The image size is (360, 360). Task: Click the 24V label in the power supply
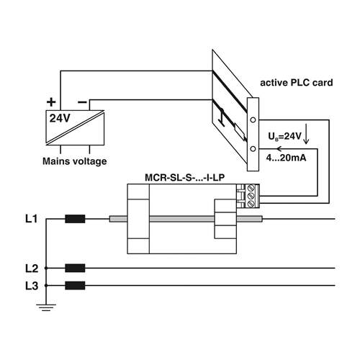tap(60, 118)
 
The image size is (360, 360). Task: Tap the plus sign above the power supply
tap(51, 102)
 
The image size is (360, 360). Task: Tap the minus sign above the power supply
tap(82, 102)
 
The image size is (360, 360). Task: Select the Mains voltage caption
tap(75, 161)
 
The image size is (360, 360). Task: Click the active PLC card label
tap(297, 83)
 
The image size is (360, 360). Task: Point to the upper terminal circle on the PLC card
tap(253, 120)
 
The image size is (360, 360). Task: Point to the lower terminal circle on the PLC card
tap(253, 149)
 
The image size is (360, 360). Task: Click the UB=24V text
tap(284, 136)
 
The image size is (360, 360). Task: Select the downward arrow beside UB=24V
tap(306, 134)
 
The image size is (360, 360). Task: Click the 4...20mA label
tap(286, 158)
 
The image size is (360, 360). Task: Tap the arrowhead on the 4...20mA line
tap(279, 149)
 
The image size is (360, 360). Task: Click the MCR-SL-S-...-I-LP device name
tap(184, 178)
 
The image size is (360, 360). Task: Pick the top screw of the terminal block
tap(251, 187)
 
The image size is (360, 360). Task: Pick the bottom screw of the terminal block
tap(251, 204)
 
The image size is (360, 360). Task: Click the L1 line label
tap(32, 219)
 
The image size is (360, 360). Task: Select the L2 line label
tap(32, 269)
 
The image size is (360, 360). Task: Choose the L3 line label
tap(32, 286)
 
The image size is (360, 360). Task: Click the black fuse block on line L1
tap(75, 219)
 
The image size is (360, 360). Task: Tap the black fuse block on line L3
tap(75, 286)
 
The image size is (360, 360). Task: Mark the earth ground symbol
tap(46, 307)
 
